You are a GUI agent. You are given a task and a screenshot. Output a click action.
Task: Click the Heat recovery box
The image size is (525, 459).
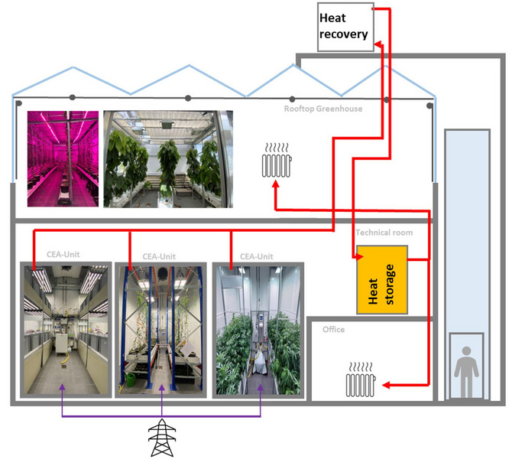[x=344, y=28]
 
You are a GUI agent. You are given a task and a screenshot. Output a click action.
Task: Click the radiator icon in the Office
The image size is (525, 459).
[x=361, y=380]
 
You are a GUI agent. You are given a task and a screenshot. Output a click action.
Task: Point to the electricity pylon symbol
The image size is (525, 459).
[x=162, y=438]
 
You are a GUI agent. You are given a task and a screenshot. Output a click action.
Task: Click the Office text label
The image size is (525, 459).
[x=333, y=330]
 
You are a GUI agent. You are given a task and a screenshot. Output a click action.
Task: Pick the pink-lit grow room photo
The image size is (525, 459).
[x=63, y=158]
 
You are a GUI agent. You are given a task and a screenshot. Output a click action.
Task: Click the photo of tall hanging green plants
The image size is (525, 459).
[x=167, y=158]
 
